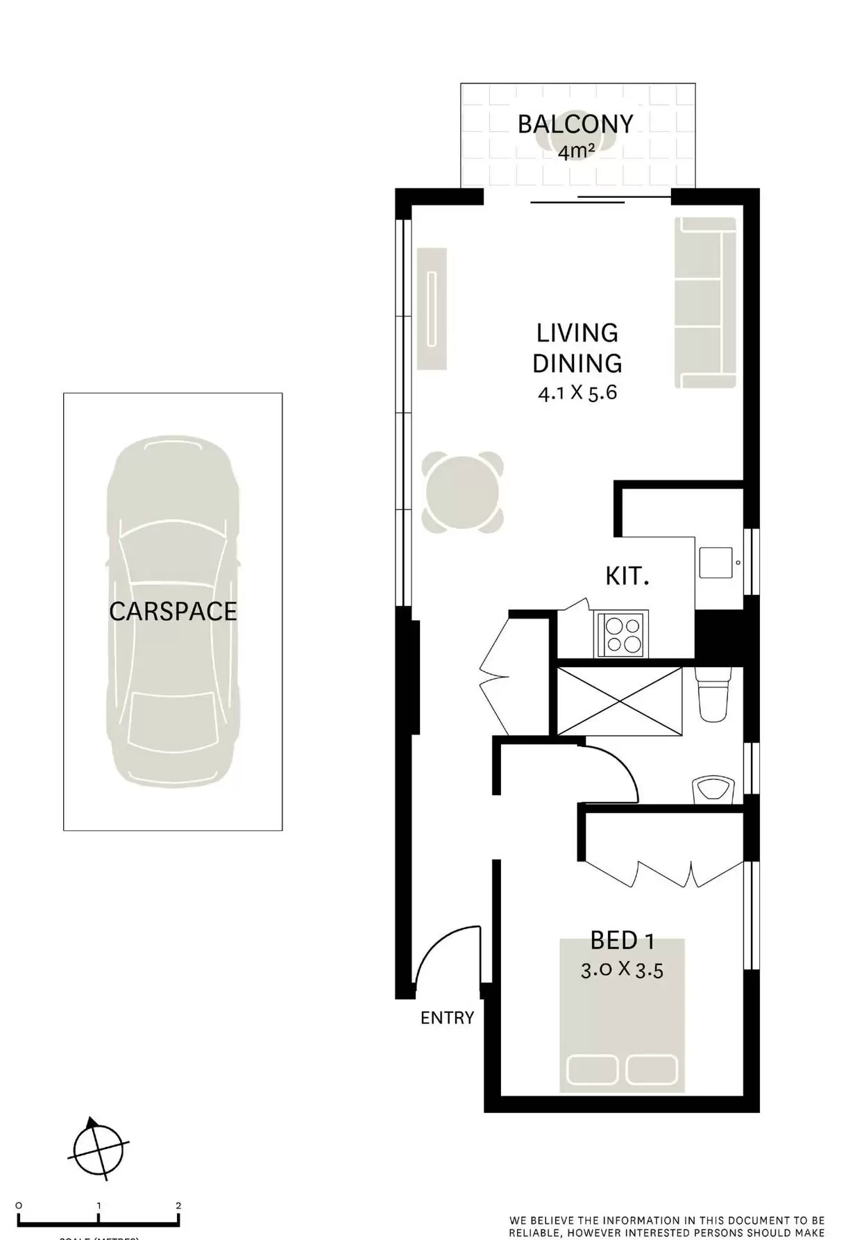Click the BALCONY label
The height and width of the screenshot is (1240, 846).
coord(575,124)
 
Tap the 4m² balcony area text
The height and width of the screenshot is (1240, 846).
coord(575,151)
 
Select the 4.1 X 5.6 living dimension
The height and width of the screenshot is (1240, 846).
coord(577,393)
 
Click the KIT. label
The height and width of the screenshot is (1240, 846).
coord(627,576)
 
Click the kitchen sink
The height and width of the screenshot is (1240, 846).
coord(716,562)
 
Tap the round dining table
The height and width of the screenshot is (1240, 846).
coord(462,492)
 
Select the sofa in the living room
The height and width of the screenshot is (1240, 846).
coord(704,303)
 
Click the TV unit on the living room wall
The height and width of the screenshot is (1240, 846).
coord(432,308)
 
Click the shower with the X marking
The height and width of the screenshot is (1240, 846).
coord(619,701)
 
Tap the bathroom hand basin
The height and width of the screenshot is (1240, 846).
coord(713,790)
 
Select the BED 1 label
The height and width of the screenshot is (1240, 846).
coord(622,941)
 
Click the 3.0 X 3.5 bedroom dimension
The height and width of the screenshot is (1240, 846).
coord(622,969)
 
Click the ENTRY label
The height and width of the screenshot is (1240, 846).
coord(447,1018)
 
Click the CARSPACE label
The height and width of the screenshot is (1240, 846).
coord(173,612)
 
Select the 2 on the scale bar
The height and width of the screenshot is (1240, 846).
coord(178,1205)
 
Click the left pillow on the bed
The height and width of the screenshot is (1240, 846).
coord(592,1070)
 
